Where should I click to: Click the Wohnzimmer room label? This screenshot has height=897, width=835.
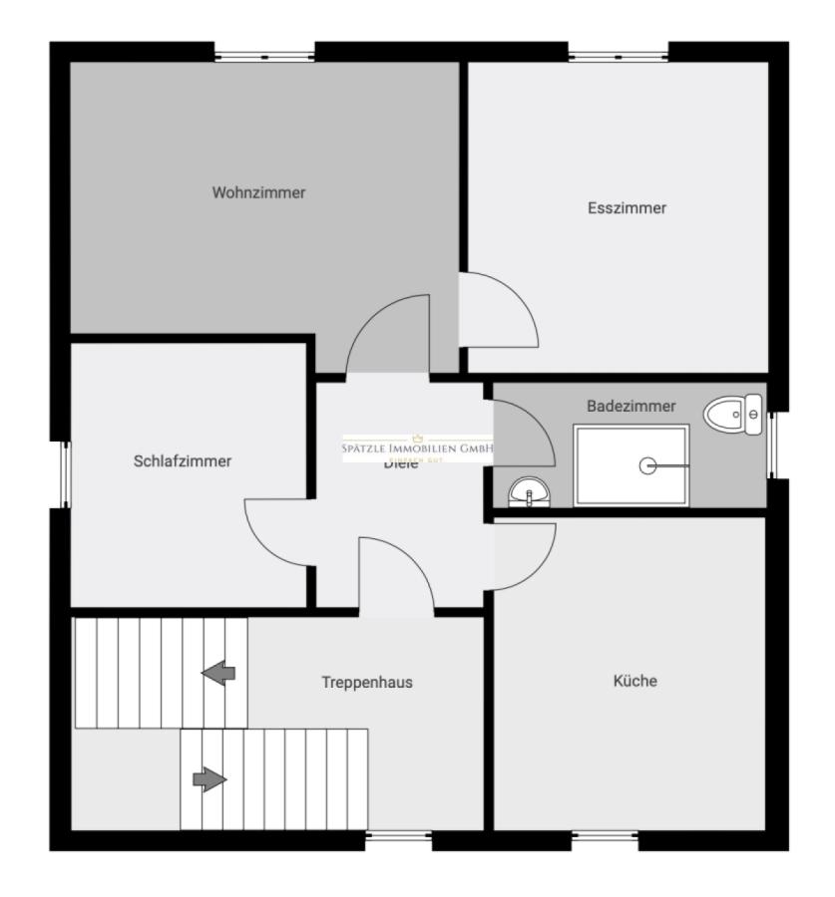click(258, 193)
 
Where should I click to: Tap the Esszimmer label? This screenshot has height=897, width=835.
click(626, 208)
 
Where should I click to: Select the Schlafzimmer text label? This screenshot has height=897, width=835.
click(183, 461)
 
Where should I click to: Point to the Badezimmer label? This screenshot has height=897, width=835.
click(630, 407)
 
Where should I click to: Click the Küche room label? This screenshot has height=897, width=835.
click(634, 682)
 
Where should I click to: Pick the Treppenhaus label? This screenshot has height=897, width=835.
click(367, 683)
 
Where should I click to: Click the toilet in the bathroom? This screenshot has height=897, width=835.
click(734, 413)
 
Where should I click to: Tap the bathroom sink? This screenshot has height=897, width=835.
click(529, 491)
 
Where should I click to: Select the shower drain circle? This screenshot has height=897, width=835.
click(648, 464)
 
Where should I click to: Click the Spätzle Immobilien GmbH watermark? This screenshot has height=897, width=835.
click(418, 448)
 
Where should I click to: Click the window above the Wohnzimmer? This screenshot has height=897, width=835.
click(265, 53)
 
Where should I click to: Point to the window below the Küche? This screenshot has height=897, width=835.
click(605, 840)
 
